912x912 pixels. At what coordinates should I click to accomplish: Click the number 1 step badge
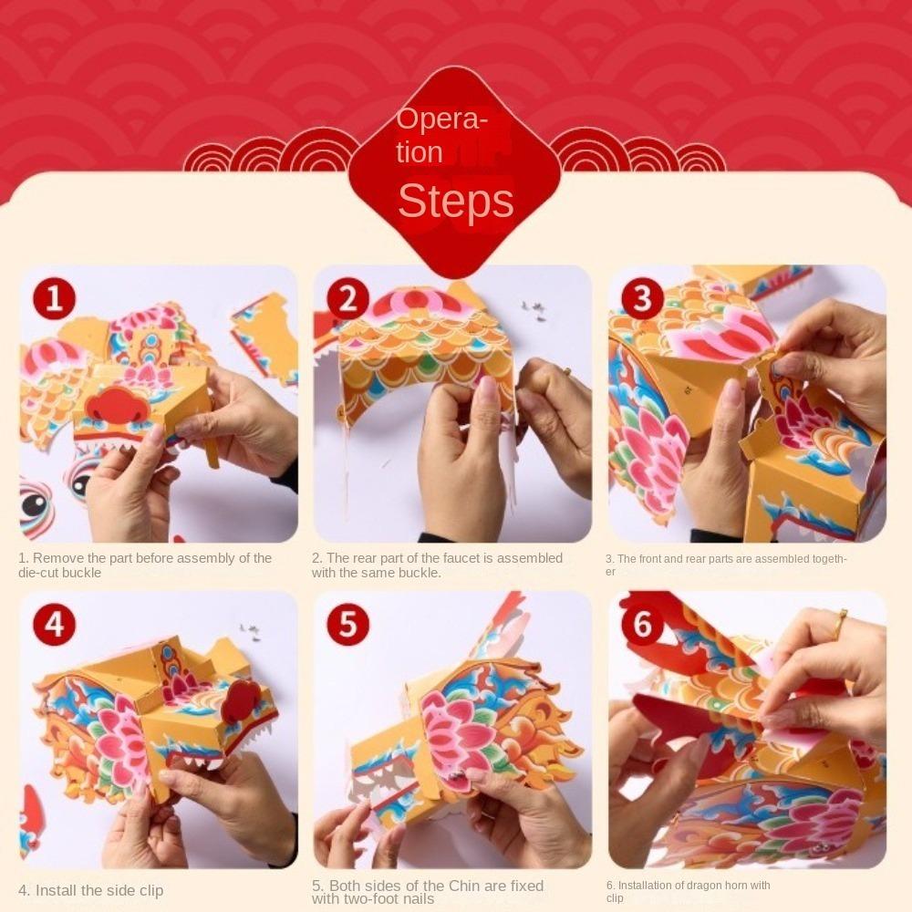[x=54, y=298]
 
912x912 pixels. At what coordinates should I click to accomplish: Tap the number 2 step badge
[x=347, y=298]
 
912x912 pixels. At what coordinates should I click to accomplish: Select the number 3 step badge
[x=642, y=298]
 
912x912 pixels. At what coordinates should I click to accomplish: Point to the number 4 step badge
[x=54, y=625]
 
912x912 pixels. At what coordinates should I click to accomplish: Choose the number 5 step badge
[x=347, y=625]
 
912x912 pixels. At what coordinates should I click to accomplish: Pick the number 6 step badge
[x=642, y=625]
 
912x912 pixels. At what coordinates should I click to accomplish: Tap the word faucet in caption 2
[x=459, y=558]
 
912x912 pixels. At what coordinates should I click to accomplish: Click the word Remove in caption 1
[x=54, y=558]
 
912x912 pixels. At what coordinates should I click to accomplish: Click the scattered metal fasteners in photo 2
[x=534, y=310]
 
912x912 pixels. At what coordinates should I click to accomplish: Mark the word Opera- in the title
[x=440, y=119]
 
